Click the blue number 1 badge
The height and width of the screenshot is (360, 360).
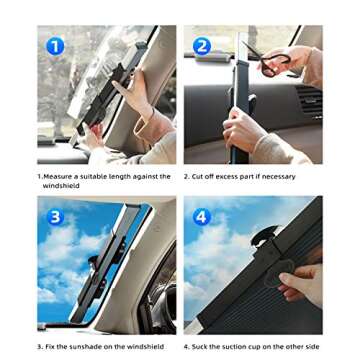point(55,46)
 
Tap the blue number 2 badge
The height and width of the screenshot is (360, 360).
point(202,46)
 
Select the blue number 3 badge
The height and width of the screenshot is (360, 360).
point(55,216)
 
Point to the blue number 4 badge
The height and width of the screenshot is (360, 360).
point(203,216)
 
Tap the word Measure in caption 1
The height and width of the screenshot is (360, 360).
point(58,176)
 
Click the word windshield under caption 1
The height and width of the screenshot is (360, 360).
point(60,184)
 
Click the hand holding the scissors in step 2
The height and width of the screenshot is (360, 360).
point(300,62)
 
